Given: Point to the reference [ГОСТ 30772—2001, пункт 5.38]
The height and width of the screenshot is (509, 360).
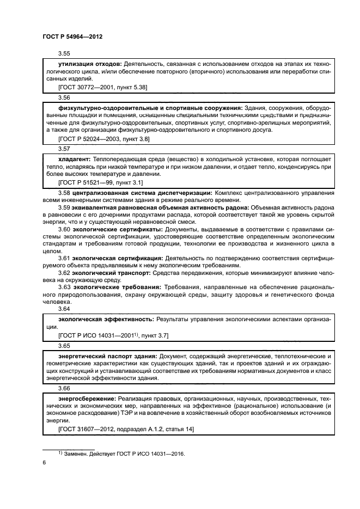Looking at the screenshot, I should (102, 87).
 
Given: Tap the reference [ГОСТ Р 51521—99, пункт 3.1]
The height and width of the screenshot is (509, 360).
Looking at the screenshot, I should (100, 181).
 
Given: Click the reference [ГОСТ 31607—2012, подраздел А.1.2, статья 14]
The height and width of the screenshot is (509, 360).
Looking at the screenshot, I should (118, 429).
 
